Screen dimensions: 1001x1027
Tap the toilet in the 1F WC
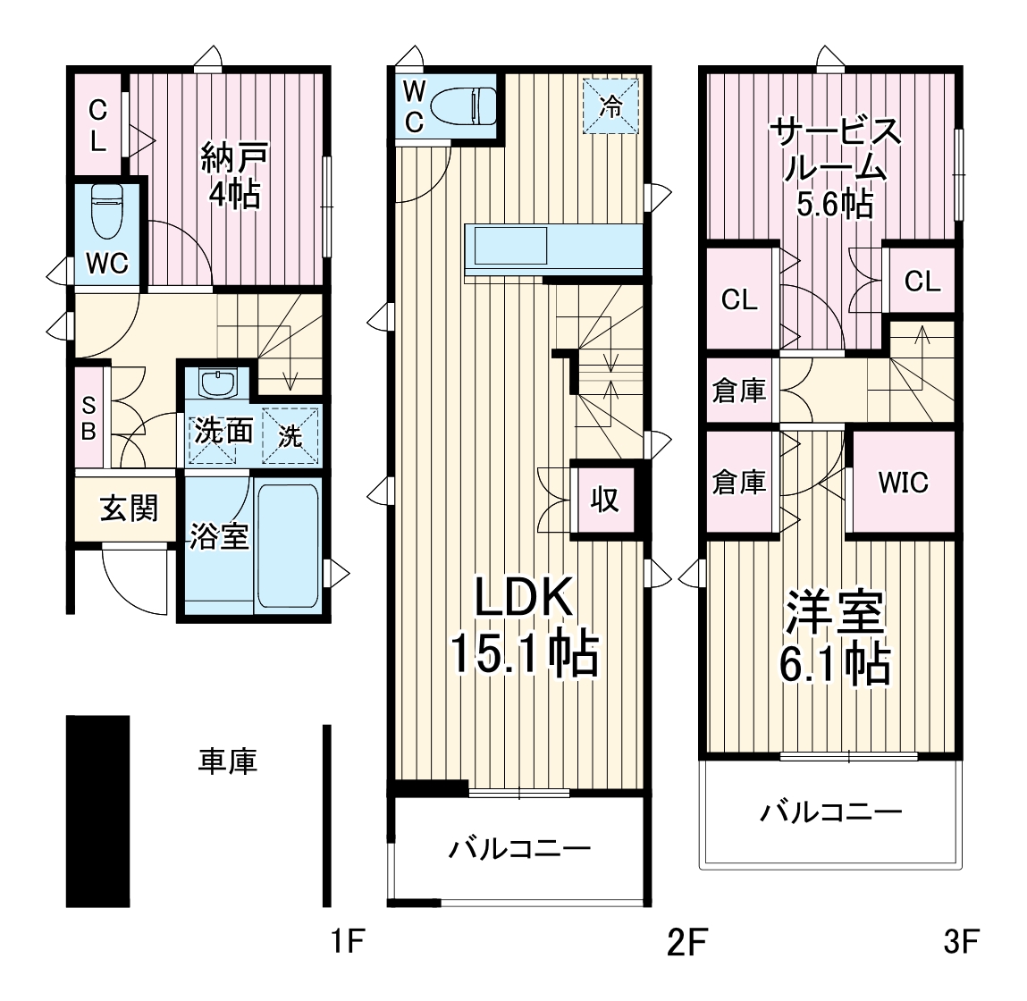click(106, 212)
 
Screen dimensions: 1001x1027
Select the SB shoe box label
click(88, 417)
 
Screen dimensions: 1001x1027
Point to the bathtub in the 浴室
click(288, 545)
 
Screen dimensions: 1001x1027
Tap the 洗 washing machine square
click(290, 435)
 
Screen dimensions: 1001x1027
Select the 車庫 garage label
click(227, 761)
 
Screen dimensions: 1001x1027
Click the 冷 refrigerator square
click(611, 106)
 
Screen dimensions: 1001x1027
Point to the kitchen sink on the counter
click(509, 245)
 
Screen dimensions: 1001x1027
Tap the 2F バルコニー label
click(519, 846)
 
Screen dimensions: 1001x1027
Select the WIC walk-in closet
click(903, 483)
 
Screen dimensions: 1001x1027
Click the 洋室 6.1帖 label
click(837, 636)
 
